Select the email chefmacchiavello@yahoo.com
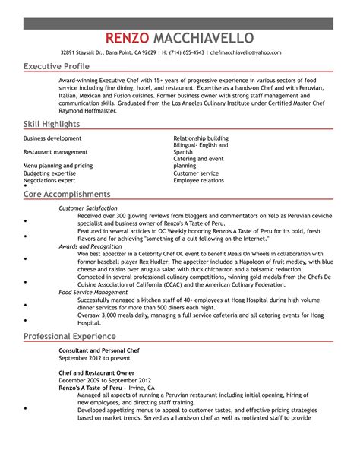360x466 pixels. (x=245, y=52)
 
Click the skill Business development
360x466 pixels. (x=52, y=138)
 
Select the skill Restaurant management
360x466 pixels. (x=55, y=152)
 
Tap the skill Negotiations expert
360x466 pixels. (x=49, y=180)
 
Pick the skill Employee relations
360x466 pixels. (x=198, y=180)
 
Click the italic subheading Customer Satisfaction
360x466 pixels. (x=88, y=208)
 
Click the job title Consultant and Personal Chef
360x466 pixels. (x=99, y=351)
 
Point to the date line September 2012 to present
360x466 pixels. (x=94, y=358)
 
